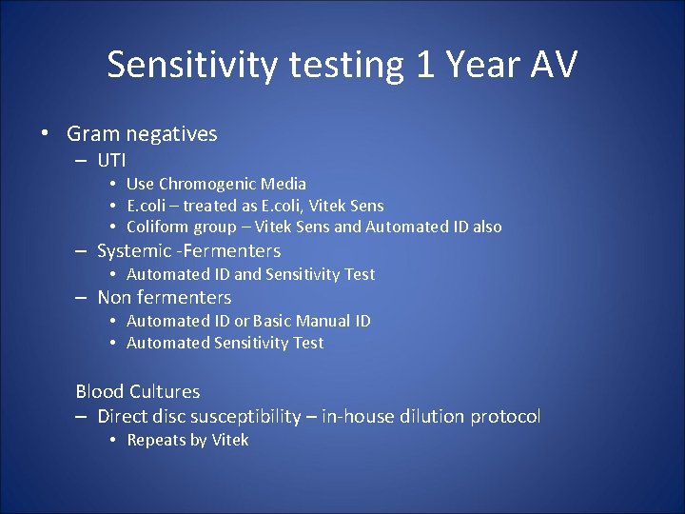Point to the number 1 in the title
point(423,65)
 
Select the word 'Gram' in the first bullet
point(92,134)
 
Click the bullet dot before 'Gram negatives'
point(45,134)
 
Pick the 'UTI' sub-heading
point(111,160)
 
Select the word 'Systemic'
point(132,251)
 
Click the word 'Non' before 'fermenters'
point(114,297)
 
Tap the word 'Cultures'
point(165,391)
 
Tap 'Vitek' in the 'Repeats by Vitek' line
point(230,440)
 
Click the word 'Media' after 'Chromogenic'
point(284,184)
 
